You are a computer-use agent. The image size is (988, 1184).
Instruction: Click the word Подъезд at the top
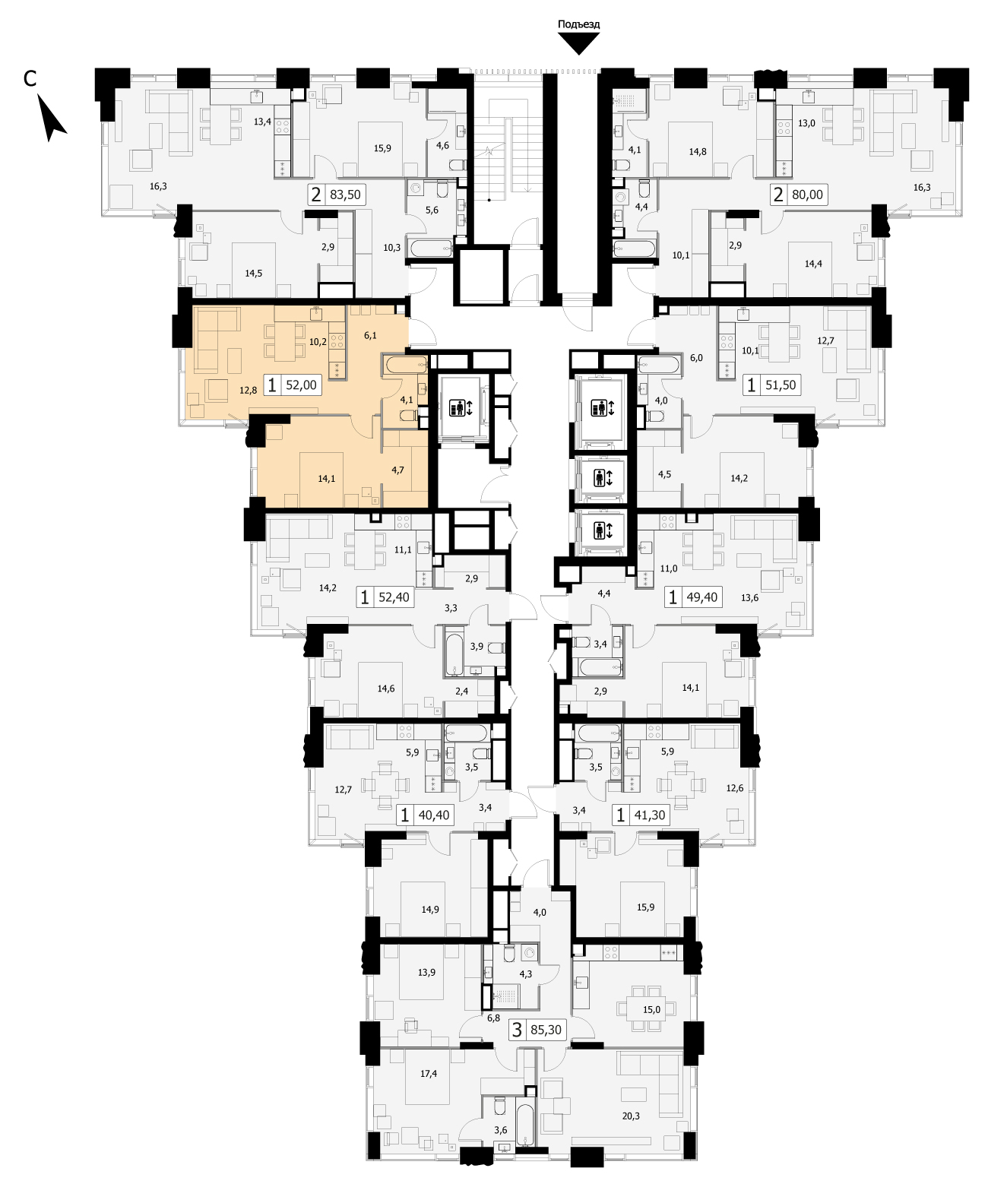pyautogui.click(x=578, y=24)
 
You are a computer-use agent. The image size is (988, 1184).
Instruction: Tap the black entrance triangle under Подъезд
pyautogui.click(x=578, y=43)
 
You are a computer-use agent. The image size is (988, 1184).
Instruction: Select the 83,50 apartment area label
pyautogui.click(x=345, y=195)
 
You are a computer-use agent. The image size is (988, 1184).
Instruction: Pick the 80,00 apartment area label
pyautogui.click(x=807, y=195)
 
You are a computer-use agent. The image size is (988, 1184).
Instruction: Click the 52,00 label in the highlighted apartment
pyautogui.click(x=301, y=385)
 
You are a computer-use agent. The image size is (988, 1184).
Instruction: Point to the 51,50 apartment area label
pyautogui.click(x=781, y=385)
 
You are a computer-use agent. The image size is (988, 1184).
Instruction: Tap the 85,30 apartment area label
pyautogui.click(x=546, y=1029)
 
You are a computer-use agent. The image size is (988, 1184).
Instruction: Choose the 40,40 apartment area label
pyautogui.click(x=434, y=815)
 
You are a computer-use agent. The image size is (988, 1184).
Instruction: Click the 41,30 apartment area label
pyautogui.click(x=649, y=815)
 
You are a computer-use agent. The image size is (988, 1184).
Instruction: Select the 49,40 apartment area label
pyautogui.click(x=702, y=597)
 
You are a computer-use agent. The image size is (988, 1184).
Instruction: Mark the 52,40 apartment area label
pyautogui.click(x=394, y=597)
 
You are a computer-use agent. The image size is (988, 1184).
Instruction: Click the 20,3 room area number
pyautogui.click(x=631, y=1116)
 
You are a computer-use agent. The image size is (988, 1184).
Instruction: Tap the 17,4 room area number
pyautogui.click(x=429, y=1073)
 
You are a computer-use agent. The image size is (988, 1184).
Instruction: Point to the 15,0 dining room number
pyautogui.click(x=651, y=1009)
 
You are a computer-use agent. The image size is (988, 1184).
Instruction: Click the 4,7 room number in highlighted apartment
pyautogui.click(x=397, y=470)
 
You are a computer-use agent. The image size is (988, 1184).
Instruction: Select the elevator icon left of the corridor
pyautogui.click(x=460, y=407)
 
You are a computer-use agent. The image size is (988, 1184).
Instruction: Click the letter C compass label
pyautogui.click(x=30, y=79)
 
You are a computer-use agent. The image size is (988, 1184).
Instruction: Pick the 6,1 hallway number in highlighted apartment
pyautogui.click(x=370, y=336)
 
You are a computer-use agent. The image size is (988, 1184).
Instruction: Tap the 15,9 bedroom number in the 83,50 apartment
pyautogui.click(x=382, y=148)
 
